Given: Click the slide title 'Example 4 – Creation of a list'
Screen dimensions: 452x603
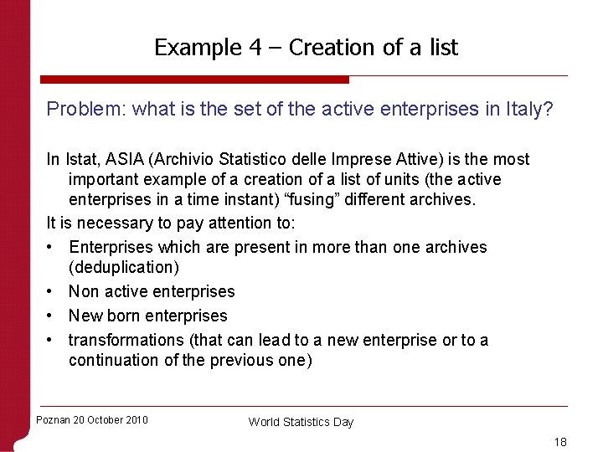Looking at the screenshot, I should coord(306,48).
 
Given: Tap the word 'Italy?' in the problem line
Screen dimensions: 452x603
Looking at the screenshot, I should coord(528,109).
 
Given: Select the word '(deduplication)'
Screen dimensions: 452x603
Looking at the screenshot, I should coord(124,268).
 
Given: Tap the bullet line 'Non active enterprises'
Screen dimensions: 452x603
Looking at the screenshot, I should coord(152,291).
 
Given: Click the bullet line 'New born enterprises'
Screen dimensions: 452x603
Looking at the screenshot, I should coord(148,316).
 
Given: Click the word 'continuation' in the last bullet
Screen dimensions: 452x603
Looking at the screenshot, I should coord(114,360).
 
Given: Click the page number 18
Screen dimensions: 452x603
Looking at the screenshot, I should coord(559,441).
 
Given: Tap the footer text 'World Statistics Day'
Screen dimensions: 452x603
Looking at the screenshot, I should coord(301,422).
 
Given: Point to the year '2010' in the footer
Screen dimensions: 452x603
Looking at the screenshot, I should coord(136,420).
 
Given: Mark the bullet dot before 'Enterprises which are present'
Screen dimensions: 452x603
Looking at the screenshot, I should coord(52,248).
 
